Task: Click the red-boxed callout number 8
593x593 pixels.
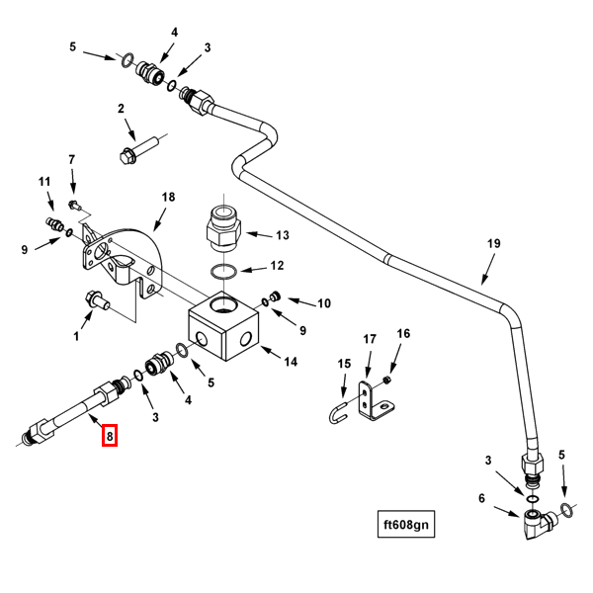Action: coord(110,434)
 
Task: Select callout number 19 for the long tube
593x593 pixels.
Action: coord(494,243)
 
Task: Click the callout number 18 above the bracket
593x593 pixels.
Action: coord(168,198)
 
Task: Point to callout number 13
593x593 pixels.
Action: coord(282,235)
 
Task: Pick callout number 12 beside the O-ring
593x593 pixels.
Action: coord(277,265)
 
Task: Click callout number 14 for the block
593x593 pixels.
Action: coord(290,362)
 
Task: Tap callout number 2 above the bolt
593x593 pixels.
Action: coord(121,109)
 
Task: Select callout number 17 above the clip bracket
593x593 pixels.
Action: coord(369,340)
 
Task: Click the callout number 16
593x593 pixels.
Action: coord(403,334)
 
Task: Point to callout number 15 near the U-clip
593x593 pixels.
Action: coord(344,364)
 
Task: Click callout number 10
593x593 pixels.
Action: coord(323,302)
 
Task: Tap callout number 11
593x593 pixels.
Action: coord(44,182)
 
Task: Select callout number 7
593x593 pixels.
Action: coord(71,160)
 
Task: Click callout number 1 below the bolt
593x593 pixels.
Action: coord(75,336)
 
